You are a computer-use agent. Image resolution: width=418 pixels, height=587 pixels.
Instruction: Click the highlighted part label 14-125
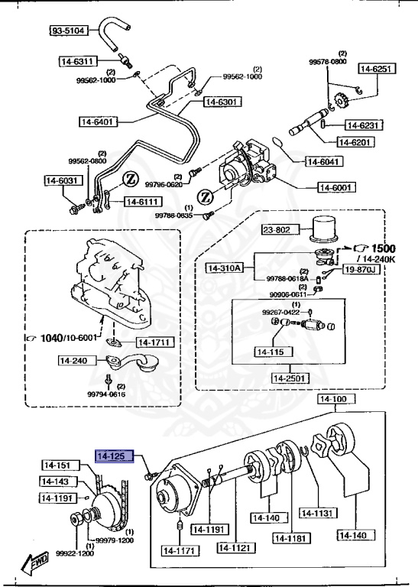(x=115, y=456)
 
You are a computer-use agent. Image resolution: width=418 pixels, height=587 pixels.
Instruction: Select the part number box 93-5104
(x=69, y=31)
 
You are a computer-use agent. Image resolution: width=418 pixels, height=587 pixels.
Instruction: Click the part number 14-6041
(x=325, y=161)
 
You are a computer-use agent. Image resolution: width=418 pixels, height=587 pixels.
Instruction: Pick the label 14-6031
(x=61, y=181)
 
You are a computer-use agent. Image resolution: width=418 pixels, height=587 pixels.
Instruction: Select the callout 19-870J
(x=360, y=269)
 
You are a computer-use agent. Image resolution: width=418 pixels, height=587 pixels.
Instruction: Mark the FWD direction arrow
(x=36, y=564)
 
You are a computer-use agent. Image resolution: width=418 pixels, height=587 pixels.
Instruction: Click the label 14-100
(x=332, y=400)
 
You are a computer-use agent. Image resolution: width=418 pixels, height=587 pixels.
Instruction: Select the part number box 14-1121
(x=235, y=548)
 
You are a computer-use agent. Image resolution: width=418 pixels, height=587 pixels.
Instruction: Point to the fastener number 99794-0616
(x=106, y=394)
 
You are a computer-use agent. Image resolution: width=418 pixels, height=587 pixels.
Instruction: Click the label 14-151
(x=57, y=465)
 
